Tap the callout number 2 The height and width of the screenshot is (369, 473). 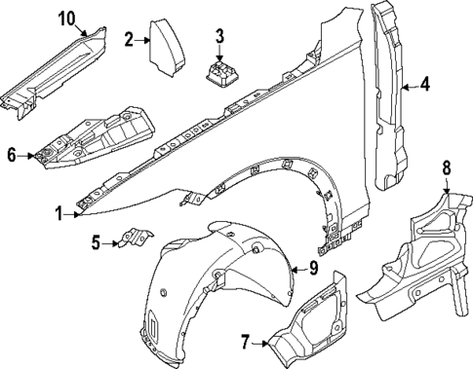[x=129, y=39]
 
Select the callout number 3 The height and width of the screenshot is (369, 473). [x=219, y=37]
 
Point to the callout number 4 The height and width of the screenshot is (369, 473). [x=424, y=87]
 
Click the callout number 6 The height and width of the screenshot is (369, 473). [x=11, y=154]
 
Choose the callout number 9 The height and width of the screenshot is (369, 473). [x=314, y=268]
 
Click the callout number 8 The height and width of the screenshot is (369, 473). [x=446, y=168]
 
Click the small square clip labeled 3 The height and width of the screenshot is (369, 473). [x=220, y=73]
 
